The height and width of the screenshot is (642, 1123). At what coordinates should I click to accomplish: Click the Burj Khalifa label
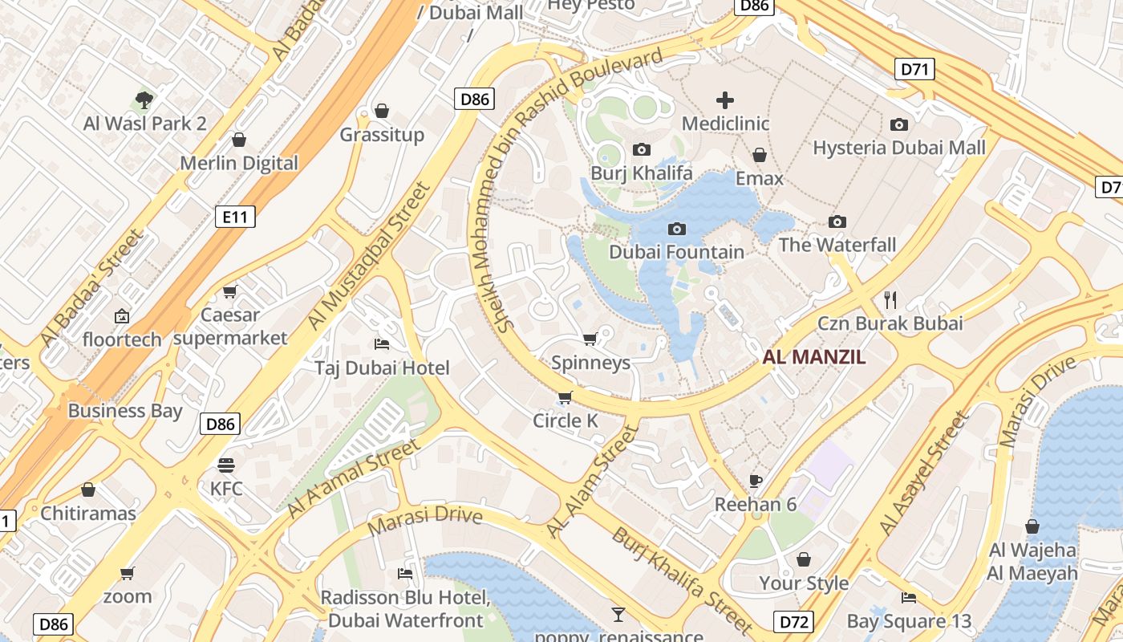click(x=641, y=173)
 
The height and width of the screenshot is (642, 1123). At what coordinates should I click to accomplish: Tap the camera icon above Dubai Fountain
click(x=676, y=230)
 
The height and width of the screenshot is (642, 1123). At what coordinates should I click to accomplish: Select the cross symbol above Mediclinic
click(x=724, y=100)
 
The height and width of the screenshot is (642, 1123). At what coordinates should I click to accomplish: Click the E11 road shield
click(x=235, y=215)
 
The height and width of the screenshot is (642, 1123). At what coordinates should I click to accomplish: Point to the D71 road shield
click(x=914, y=69)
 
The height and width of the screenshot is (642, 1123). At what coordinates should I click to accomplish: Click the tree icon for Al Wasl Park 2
click(x=144, y=100)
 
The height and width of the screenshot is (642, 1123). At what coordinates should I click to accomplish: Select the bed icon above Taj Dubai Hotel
click(x=382, y=344)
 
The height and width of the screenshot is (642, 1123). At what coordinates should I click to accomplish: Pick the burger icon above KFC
click(x=226, y=465)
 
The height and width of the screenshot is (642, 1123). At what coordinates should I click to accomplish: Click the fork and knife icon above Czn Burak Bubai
click(x=890, y=300)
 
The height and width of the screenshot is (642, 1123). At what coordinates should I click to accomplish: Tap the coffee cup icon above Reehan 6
click(x=755, y=481)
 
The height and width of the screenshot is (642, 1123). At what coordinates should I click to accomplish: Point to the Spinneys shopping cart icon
click(x=590, y=339)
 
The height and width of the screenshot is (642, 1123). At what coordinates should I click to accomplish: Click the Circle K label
click(x=566, y=421)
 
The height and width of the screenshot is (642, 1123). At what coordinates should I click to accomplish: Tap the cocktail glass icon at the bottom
click(x=618, y=615)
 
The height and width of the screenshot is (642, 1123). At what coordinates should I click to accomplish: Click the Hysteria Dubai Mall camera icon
click(x=899, y=124)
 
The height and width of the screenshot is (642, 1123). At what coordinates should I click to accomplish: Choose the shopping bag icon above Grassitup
click(x=382, y=111)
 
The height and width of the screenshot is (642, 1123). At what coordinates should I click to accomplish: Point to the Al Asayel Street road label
click(x=924, y=473)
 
